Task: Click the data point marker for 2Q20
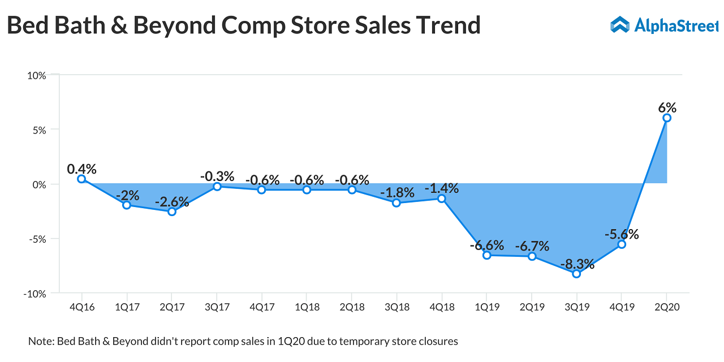coord(667,118)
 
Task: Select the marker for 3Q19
coord(576,274)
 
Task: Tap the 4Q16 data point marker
coord(81,179)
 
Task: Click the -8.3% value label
coord(577,264)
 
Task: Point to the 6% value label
coord(667,107)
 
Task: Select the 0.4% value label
coord(81,169)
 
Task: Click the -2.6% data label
coord(172,201)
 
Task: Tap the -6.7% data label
coord(532,246)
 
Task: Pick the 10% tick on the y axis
coord(36,75)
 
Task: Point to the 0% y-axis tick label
coord(38,184)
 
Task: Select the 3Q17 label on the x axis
coord(217,307)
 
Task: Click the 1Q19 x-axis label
coord(486,307)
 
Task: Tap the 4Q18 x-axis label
coord(441,307)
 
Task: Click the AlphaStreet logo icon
coord(620,24)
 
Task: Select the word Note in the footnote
coord(40,341)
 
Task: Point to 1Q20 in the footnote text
coord(281,341)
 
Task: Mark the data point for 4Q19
coord(622,244)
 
